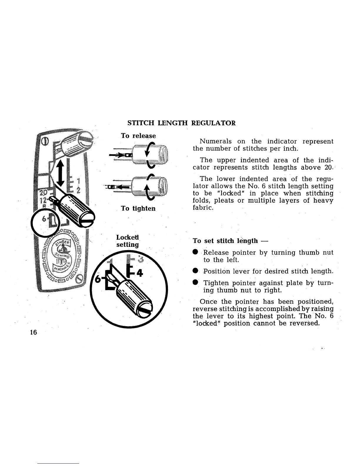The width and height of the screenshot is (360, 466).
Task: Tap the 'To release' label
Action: coord(138,136)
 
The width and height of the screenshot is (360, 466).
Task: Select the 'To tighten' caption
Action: coord(138,208)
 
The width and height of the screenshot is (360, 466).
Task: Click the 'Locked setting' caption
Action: coord(127,241)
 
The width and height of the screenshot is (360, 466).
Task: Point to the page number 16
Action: coord(33,332)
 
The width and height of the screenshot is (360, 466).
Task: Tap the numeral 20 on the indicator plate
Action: coord(44,193)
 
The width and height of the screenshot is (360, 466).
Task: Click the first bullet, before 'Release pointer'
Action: coord(195,253)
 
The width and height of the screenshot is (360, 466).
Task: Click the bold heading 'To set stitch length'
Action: coord(225,241)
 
